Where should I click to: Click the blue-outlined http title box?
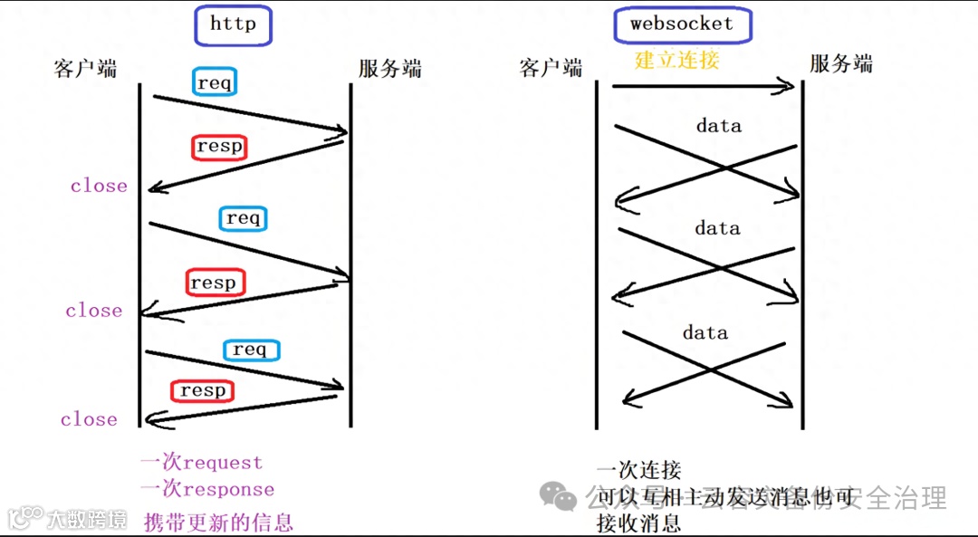pos(233,24)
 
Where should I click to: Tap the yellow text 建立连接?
pos(676,61)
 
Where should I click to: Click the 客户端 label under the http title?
pos(85,69)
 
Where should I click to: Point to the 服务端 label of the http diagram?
pos(389,69)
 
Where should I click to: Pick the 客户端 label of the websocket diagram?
pos(551,68)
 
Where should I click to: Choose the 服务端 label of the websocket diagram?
pos(840,64)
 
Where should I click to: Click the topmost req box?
pos(215,83)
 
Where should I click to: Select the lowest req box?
pos(250,350)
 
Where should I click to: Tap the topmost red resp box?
pos(220,146)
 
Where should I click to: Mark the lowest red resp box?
pos(202,390)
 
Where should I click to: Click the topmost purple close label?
pos(99,186)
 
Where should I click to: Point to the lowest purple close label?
pos(89,419)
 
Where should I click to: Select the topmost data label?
pos(718,126)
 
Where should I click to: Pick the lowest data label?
pos(705,332)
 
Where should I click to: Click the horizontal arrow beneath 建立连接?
pos(702,87)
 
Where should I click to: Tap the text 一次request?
pos(201,462)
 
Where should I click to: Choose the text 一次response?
pos(206,489)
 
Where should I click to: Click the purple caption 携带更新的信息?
pos(218,522)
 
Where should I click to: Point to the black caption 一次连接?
pos(638,470)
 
